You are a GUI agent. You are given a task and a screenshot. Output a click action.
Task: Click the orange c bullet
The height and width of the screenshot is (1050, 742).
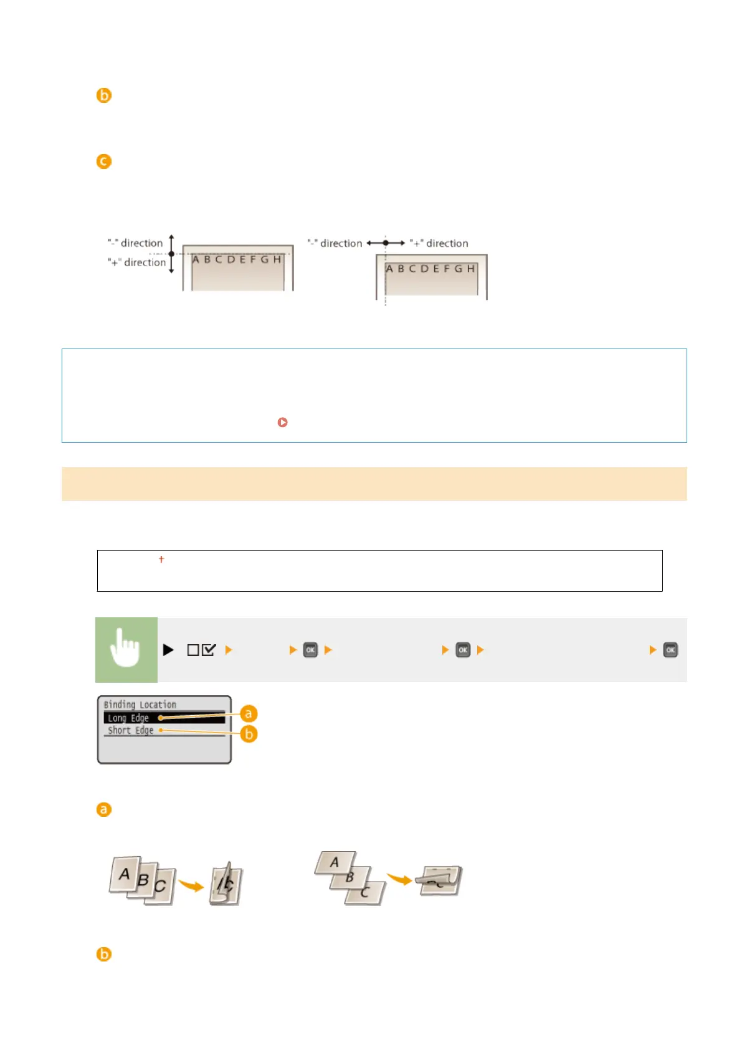(x=103, y=161)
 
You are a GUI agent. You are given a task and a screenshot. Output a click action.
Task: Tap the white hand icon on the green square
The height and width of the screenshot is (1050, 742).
(x=126, y=648)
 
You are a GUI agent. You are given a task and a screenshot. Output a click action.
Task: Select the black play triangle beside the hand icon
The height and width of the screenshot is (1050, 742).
(x=168, y=650)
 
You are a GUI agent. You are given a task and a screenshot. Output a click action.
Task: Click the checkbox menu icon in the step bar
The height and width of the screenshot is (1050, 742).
(x=201, y=650)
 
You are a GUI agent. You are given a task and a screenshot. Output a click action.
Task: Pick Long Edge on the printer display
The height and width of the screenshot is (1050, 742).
(x=128, y=718)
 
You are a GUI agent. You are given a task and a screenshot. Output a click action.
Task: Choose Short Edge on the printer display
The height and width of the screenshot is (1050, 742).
(x=130, y=730)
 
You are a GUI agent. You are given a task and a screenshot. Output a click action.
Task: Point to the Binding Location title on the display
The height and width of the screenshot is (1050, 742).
(x=140, y=705)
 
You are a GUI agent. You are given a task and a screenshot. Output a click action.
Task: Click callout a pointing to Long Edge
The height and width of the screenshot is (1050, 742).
(x=249, y=713)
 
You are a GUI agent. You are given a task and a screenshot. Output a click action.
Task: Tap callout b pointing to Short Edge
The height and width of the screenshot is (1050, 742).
(x=249, y=734)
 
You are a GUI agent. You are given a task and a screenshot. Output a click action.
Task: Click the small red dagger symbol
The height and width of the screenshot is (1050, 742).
(x=161, y=559)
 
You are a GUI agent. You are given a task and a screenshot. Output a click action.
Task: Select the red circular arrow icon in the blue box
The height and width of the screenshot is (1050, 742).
(x=282, y=422)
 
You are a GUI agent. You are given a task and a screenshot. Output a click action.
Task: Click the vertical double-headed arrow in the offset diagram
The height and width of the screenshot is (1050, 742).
(x=171, y=254)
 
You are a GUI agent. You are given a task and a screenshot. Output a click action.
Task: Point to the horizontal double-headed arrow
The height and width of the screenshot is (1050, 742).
(x=386, y=243)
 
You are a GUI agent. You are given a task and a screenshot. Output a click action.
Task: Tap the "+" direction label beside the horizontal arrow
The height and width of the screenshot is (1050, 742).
(x=439, y=243)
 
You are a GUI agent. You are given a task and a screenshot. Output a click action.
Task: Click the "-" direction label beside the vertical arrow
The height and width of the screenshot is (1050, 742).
(x=135, y=243)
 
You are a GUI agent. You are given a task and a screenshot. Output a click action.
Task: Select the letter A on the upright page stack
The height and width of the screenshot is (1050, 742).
(x=125, y=874)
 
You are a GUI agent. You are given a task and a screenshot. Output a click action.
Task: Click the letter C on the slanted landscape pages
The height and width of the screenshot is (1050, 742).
(x=364, y=892)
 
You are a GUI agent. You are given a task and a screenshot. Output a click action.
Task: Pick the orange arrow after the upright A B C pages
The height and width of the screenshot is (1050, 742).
(x=191, y=885)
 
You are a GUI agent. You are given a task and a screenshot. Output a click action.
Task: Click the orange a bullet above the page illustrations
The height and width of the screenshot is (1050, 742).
(x=103, y=809)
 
